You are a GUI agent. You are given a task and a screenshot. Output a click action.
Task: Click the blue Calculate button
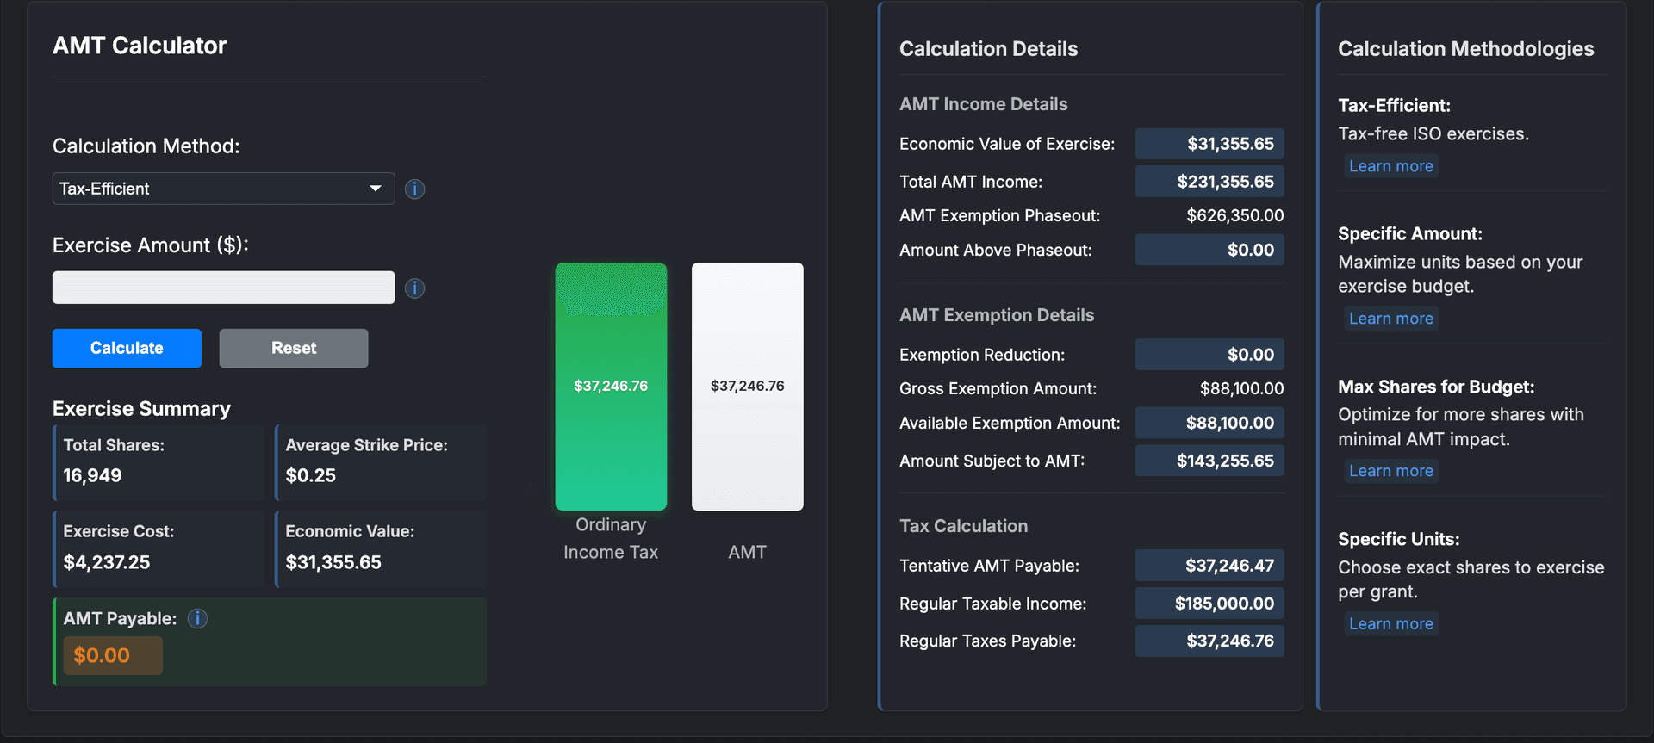point(127,348)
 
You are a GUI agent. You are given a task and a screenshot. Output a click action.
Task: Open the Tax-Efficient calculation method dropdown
point(223,189)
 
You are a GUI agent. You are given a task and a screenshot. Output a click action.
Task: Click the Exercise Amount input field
point(223,288)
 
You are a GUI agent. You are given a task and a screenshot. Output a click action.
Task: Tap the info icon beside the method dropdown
point(414,189)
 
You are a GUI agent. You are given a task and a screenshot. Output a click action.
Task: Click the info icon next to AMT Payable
point(197,618)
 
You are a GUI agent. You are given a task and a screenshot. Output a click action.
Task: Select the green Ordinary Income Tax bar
point(611,386)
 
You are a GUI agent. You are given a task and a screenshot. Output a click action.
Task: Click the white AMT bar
point(747,386)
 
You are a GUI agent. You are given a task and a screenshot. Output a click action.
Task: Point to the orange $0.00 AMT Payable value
point(102,655)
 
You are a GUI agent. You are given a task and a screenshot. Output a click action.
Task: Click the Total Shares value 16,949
point(92,475)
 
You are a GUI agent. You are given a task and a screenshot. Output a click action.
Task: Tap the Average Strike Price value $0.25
point(311,475)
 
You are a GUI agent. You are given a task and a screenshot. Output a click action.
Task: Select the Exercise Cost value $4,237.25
point(107,562)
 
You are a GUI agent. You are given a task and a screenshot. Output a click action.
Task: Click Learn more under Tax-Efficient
point(1390,166)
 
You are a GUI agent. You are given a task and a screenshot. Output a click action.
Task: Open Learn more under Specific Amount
point(1390,319)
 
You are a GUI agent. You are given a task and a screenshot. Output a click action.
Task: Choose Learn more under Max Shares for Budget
point(1390,471)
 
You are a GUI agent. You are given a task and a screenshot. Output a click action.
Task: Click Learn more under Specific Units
point(1390,624)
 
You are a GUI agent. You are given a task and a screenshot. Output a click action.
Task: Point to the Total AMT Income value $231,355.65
point(1225,182)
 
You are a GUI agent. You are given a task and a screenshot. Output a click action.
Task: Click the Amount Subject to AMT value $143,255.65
point(1225,461)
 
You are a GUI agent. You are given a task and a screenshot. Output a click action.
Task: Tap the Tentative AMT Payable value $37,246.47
point(1229,566)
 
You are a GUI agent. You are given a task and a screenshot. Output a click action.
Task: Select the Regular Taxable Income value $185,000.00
point(1224,604)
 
